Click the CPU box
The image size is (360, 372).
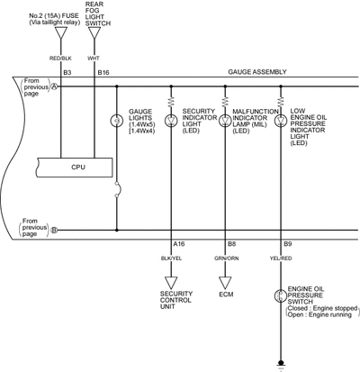point(75,168)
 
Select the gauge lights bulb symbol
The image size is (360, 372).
point(117,121)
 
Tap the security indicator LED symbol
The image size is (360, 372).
point(171,121)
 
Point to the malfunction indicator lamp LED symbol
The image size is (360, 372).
point(225,121)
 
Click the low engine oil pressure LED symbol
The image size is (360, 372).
point(281,121)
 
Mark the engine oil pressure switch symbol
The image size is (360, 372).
point(281,295)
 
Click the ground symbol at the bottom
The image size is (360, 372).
point(281,364)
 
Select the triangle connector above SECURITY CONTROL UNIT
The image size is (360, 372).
point(171,283)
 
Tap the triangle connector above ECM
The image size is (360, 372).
point(225,283)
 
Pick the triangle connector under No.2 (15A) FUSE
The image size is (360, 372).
point(61,32)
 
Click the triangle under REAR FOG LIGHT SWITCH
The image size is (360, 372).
point(94,32)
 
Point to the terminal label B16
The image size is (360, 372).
point(103,73)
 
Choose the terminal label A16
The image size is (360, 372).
point(179,244)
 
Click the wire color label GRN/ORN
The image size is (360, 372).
point(227,259)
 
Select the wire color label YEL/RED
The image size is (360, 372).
point(281,259)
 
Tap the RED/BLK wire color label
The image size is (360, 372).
point(60,59)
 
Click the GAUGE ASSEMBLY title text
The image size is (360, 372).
point(257,72)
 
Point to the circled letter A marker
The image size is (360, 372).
point(55,86)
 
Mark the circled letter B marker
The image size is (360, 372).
point(54,231)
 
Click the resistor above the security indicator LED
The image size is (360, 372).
point(171,102)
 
